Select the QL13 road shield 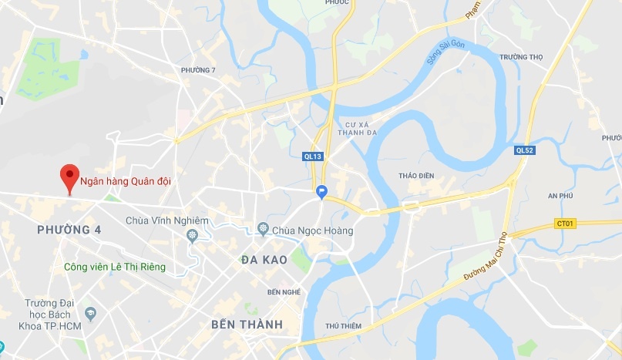[x=312, y=156]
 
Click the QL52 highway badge [x=525, y=150]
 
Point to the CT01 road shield [x=565, y=224]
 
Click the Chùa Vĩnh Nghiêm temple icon [x=193, y=234]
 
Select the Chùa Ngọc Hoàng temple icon [x=263, y=230]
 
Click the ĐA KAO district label [x=264, y=260]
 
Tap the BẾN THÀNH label [x=247, y=324]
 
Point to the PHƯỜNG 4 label [x=69, y=230]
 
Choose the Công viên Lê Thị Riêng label [x=115, y=267]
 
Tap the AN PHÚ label [x=563, y=196]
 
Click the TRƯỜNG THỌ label [x=521, y=57]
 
